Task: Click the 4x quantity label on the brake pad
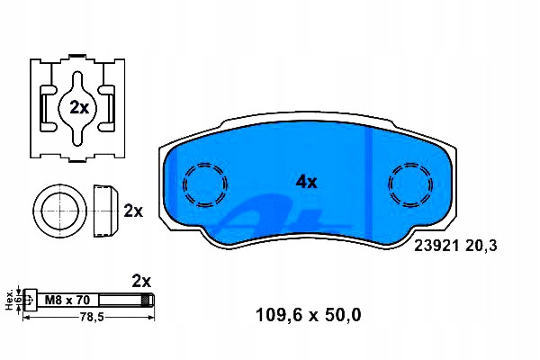306,182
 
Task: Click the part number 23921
436,246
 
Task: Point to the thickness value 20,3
481,247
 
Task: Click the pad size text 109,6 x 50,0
309,315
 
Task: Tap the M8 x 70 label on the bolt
67,300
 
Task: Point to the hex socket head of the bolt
30,300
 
